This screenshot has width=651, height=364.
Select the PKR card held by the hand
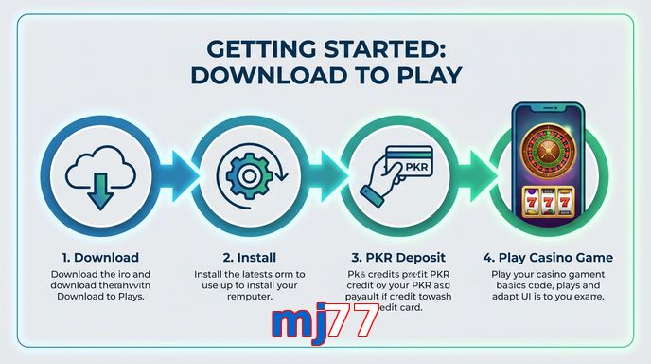tap(410, 164)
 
